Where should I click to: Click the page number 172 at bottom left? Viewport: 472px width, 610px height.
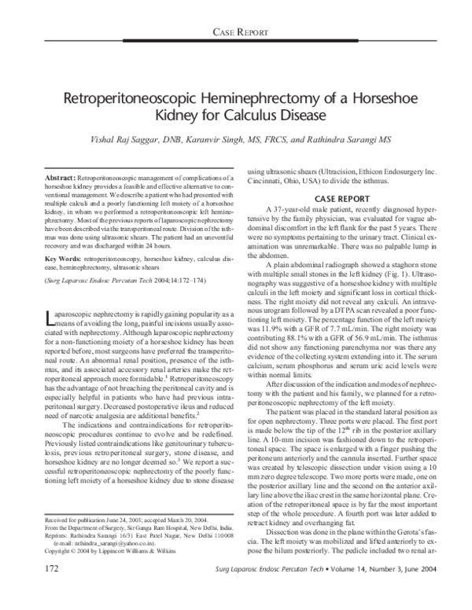coord(49,590)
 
